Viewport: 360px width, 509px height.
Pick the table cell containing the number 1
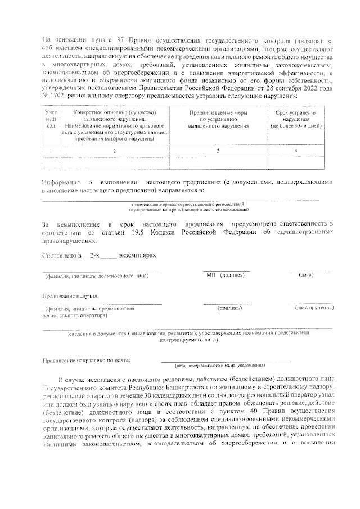click(x=51, y=151)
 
